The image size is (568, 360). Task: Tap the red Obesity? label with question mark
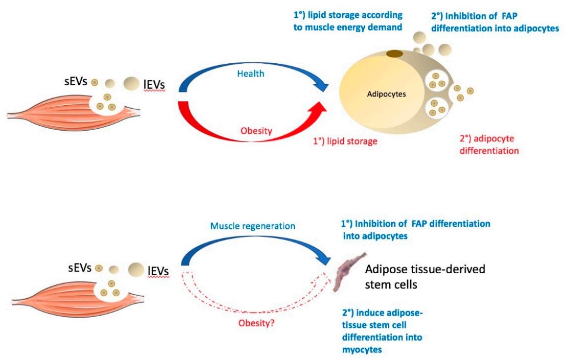pyautogui.click(x=254, y=323)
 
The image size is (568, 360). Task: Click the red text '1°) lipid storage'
pyautogui.click(x=346, y=141)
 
